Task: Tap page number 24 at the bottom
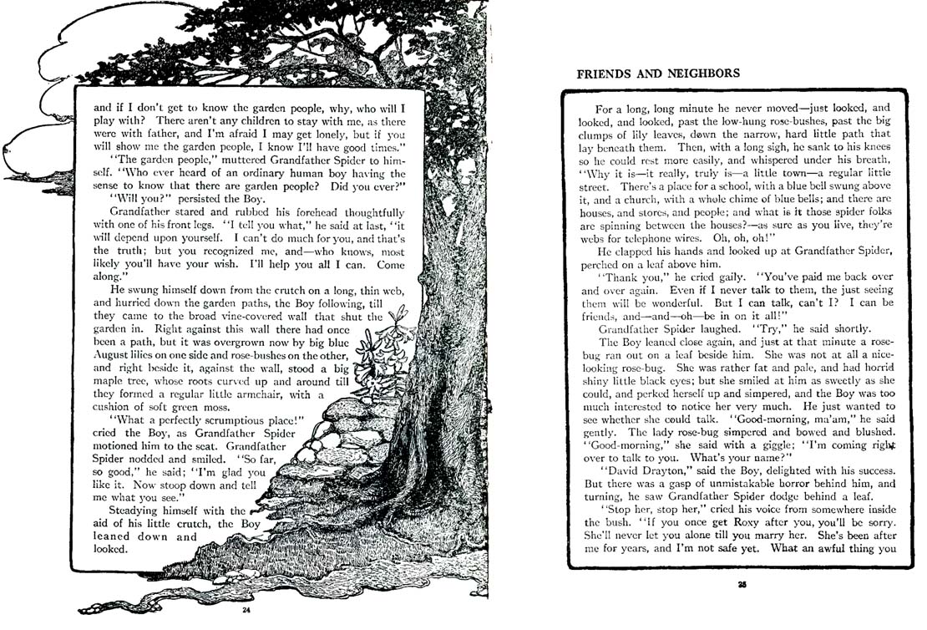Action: click(246, 609)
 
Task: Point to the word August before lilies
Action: click(112, 354)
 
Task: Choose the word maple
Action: click(112, 381)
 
